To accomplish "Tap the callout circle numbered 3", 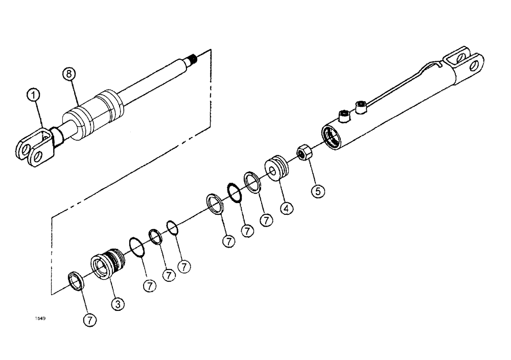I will [x=118, y=304].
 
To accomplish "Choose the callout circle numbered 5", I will [x=317, y=191].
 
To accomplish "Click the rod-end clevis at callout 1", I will [x=34, y=149].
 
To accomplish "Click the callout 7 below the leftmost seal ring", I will [x=90, y=320].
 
